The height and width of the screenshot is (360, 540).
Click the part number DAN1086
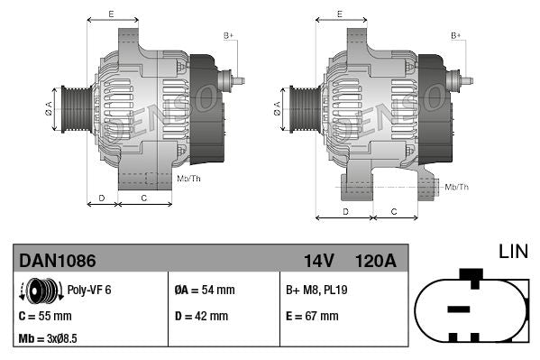pyautogui.click(x=58, y=261)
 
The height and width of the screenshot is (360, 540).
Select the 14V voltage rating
pyautogui.click(x=318, y=261)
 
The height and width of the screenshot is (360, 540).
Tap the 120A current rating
pyautogui.click(x=375, y=261)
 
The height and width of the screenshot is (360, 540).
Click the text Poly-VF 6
pyautogui.click(x=89, y=291)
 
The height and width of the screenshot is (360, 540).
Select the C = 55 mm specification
pyautogui.click(x=45, y=316)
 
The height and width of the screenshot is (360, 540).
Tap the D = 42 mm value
pyautogui.click(x=200, y=316)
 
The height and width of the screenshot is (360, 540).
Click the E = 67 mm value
pyautogui.click(x=311, y=316)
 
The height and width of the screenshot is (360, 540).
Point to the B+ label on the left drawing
pyautogui.click(x=228, y=35)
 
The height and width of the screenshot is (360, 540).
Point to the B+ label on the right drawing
pyautogui.click(x=456, y=35)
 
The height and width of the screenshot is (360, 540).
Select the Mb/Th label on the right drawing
pyautogui.click(x=457, y=187)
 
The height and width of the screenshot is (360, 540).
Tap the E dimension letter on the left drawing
pyautogui.click(x=111, y=14)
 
